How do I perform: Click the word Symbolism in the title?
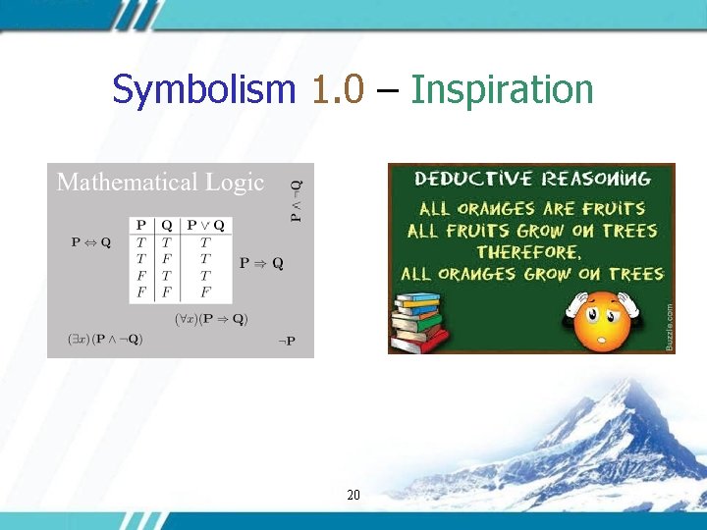(203, 90)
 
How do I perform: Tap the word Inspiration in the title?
(502, 90)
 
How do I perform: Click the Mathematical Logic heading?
(160, 183)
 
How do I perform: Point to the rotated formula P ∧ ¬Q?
(297, 199)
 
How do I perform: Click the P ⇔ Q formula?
(91, 242)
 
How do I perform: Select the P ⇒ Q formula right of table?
(261, 263)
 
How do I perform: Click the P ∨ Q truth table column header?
(205, 225)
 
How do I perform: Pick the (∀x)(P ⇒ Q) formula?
(211, 318)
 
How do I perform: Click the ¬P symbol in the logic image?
(286, 341)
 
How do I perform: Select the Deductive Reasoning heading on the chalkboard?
(532, 179)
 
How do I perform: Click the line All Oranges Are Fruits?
(532, 208)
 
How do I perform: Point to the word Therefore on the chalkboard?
(532, 252)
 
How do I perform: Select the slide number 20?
(353, 496)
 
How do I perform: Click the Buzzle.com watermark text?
(669, 327)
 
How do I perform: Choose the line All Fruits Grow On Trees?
(532, 231)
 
